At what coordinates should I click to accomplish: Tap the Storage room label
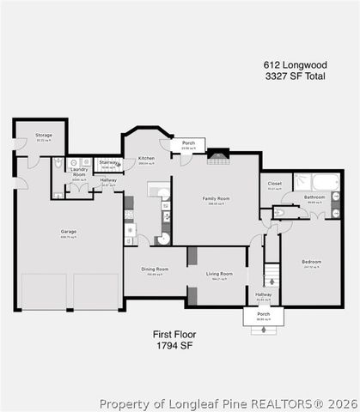coord(44,135)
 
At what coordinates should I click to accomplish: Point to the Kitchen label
coord(147,158)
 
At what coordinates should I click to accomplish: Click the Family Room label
coord(217,199)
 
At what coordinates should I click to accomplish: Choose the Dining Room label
coord(156,269)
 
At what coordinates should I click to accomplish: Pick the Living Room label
coord(219,274)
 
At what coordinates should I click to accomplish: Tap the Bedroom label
coord(311,262)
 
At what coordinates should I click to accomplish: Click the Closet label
coord(275,183)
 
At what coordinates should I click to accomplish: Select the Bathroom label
coord(314,197)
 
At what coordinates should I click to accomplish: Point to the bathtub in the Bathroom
coord(326,182)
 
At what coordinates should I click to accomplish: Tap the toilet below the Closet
coord(279,213)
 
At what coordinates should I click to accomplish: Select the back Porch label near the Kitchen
coord(188,143)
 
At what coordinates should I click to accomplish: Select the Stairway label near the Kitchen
coord(108,161)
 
